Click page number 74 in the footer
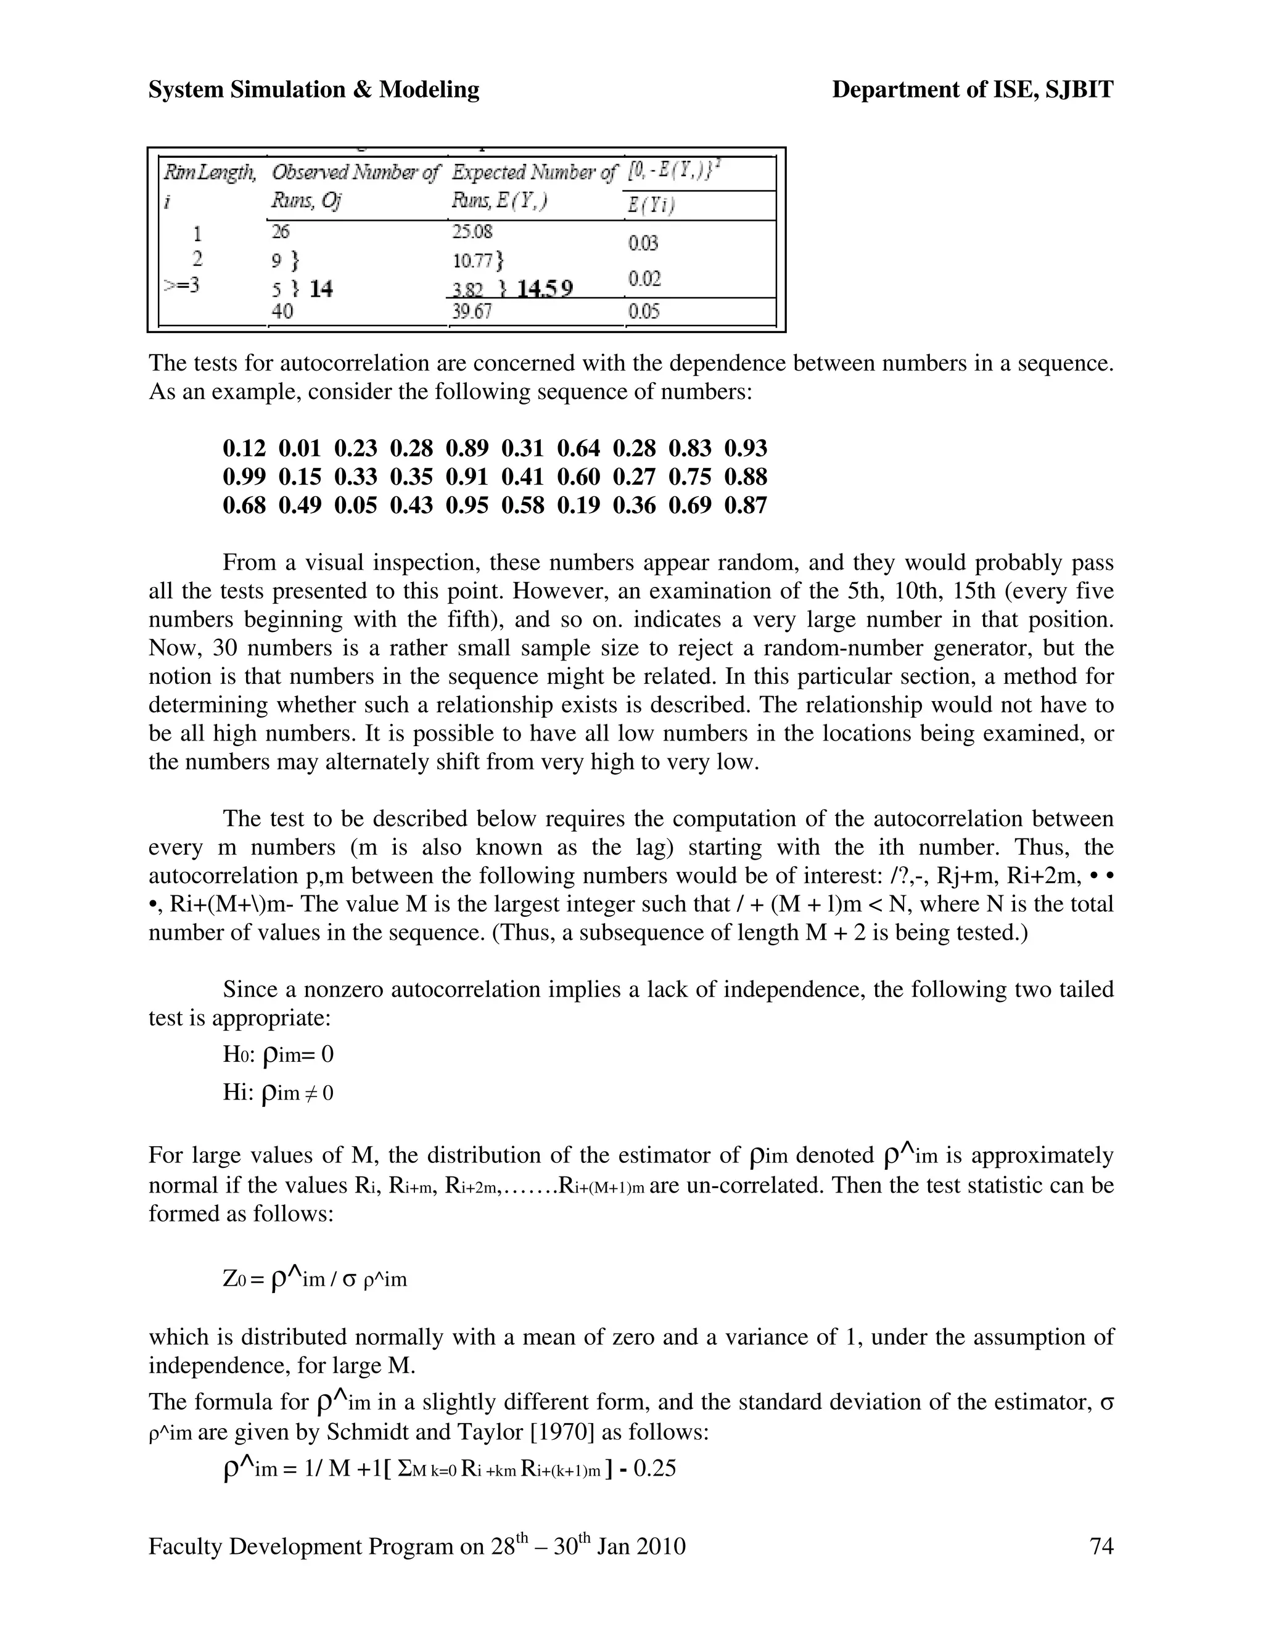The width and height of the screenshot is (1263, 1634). pos(1101,1546)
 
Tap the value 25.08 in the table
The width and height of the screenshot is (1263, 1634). pos(472,231)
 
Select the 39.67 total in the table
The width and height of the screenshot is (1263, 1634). pos(471,311)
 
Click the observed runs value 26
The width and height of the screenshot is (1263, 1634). pos(281,231)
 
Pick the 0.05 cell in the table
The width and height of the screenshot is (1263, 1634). pos(643,311)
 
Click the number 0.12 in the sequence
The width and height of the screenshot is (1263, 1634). pos(244,448)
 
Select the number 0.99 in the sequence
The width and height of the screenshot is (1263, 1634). pos(244,477)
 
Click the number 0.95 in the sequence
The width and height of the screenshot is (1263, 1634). pos(467,505)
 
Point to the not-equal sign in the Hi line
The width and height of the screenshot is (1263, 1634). pos(311,1094)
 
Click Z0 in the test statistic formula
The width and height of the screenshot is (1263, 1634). pos(234,1279)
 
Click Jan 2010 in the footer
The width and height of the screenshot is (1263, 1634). pos(642,1546)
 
